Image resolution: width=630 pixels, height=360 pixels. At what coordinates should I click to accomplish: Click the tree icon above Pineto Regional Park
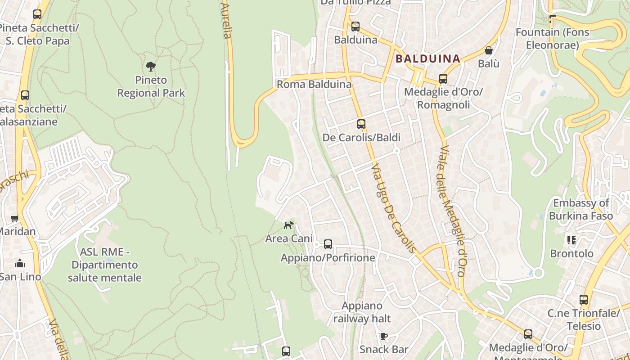[151, 67]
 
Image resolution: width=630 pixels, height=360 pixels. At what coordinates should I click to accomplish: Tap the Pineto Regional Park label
[151, 86]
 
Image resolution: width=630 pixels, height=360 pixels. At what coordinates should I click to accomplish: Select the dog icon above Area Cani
[288, 225]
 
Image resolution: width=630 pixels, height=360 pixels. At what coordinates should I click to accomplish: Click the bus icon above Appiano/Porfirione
[328, 244]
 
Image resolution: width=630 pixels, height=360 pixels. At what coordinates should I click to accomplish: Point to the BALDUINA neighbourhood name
[428, 58]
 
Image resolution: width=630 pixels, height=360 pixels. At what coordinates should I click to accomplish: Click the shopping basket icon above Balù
[489, 50]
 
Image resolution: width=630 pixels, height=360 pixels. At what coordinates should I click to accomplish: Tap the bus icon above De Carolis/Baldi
[361, 124]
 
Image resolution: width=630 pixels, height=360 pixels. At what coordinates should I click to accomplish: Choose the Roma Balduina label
[314, 84]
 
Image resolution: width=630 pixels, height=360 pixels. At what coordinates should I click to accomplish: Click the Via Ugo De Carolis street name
[393, 207]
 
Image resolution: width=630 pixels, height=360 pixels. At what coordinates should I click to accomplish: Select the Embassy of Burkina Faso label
[581, 209]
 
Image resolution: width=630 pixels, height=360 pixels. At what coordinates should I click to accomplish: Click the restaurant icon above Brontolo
[571, 240]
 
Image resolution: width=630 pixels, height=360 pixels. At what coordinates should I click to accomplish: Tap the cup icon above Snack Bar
[384, 336]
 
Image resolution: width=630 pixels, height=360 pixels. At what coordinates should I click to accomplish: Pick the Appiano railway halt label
[362, 312]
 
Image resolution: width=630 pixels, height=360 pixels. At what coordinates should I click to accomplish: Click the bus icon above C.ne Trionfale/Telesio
[584, 299]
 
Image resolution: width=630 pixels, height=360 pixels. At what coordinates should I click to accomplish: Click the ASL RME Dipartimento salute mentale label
[104, 265]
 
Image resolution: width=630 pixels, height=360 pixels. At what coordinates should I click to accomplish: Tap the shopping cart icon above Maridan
[15, 219]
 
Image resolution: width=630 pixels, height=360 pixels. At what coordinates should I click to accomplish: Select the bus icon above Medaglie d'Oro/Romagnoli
[443, 79]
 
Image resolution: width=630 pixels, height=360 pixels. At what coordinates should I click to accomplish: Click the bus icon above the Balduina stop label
[355, 27]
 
